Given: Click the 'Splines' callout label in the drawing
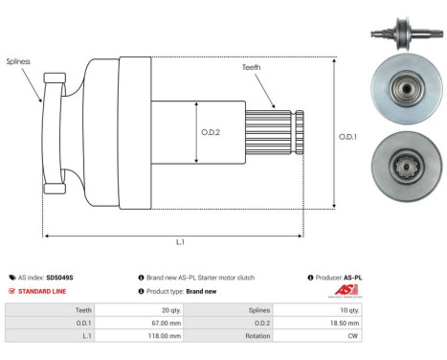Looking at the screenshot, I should (x=17, y=61).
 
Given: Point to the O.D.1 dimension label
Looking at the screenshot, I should (x=349, y=137).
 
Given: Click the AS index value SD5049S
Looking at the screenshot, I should (x=59, y=278).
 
